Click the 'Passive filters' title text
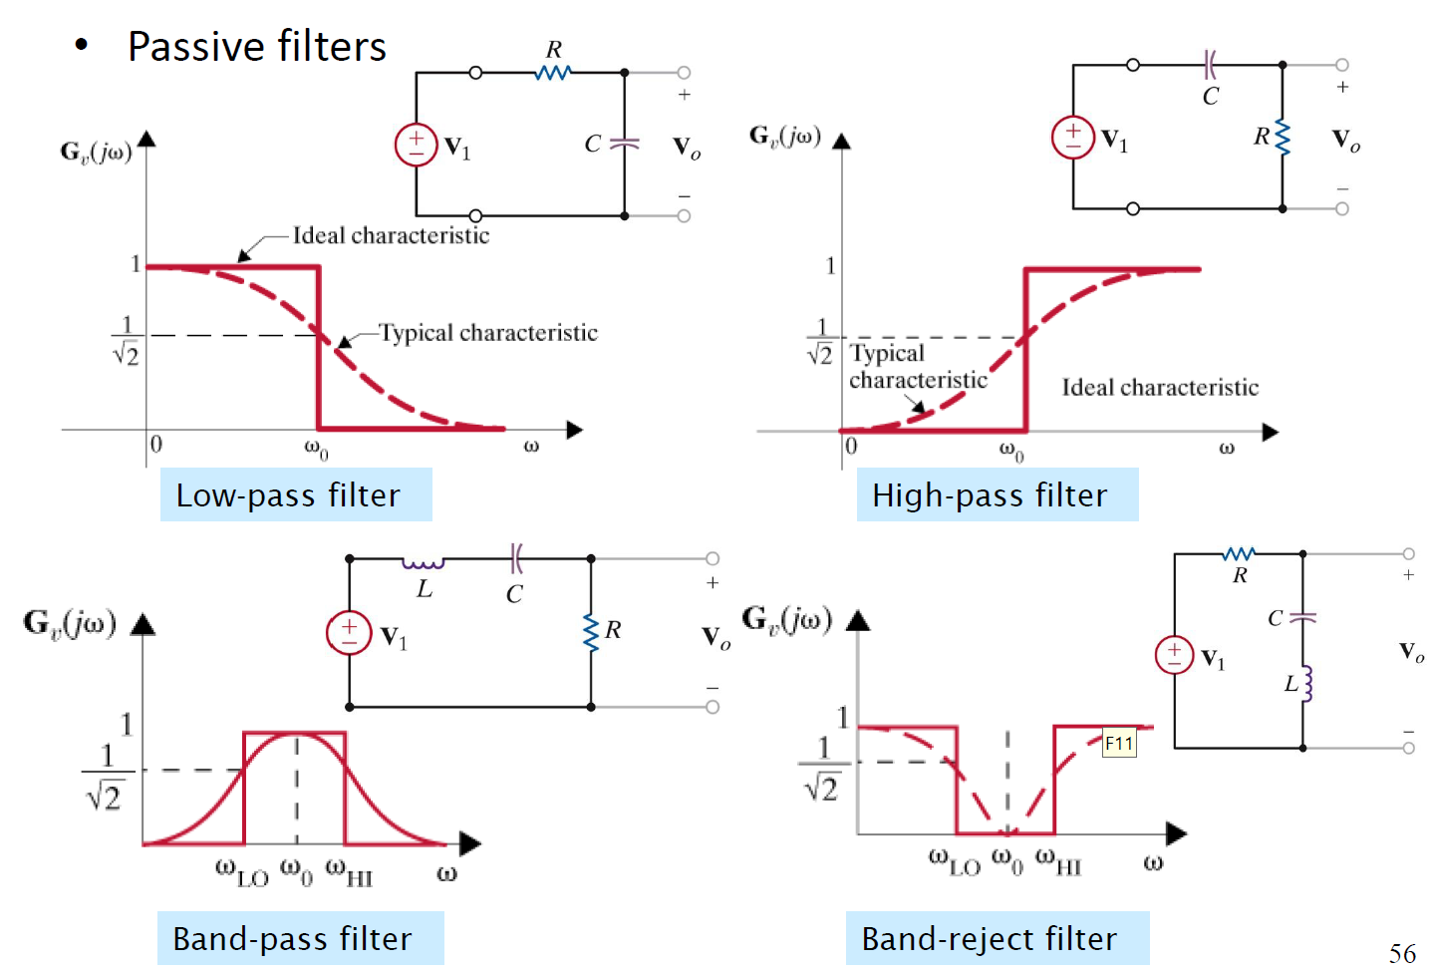256,47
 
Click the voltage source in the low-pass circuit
417,144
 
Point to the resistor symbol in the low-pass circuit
553,73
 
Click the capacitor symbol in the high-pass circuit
1210,65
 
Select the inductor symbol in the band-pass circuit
424,563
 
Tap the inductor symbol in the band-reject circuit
1307,684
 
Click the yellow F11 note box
1119,744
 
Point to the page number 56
1402,954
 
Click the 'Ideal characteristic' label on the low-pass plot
391,236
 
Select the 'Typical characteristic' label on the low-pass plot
487,333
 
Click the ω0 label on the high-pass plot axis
1011,451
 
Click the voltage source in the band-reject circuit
1174,655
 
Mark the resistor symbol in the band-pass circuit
592,632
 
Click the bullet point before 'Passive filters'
82,45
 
